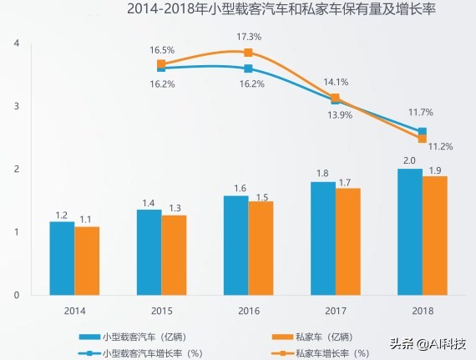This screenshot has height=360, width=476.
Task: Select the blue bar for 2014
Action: coord(62,258)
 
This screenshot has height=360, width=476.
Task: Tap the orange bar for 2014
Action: coord(87,261)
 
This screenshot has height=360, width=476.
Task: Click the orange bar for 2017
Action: coord(348,241)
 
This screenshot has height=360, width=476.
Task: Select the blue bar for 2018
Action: coord(410,231)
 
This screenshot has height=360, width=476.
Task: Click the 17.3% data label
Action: coord(249,37)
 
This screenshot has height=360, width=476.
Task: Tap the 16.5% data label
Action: coord(162,50)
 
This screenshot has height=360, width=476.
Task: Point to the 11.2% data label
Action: coord(440,146)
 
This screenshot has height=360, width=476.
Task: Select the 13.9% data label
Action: coord(339,114)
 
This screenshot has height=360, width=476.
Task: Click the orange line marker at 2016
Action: coord(248,53)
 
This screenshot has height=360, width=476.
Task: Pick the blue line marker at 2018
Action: coord(423,132)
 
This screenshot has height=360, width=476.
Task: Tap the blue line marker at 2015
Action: coord(161,68)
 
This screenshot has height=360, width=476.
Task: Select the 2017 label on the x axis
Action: coord(335,310)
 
